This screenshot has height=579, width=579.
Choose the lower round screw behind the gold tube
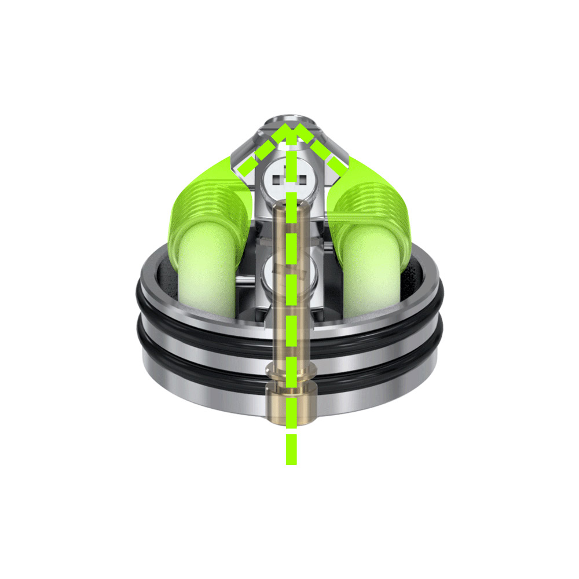289,272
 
